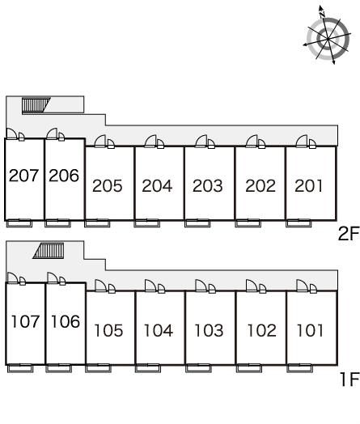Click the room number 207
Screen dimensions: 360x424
[23, 176]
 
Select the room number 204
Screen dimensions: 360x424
[157, 186]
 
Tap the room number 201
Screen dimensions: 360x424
[309, 186]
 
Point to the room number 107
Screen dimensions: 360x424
[25, 321]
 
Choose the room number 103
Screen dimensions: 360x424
[209, 330]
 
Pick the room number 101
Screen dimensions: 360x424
[310, 330]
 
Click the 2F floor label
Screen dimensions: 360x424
[349, 234]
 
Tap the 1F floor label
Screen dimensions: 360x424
[349, 379]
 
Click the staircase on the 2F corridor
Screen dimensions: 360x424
[36, 105]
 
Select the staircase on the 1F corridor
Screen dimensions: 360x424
[49, 251]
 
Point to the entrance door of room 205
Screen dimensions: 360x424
[104, 142]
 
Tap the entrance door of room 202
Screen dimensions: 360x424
[256, 142]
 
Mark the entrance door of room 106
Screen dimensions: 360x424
[56, 278]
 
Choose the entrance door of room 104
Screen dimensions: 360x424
[155, 286]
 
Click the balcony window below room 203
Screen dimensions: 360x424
[197, 223]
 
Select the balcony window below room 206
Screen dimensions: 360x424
[57, 223]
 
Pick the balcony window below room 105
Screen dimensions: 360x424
[98, 368]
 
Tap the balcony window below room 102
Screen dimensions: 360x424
[249, 368]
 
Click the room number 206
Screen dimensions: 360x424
[64, 176]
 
